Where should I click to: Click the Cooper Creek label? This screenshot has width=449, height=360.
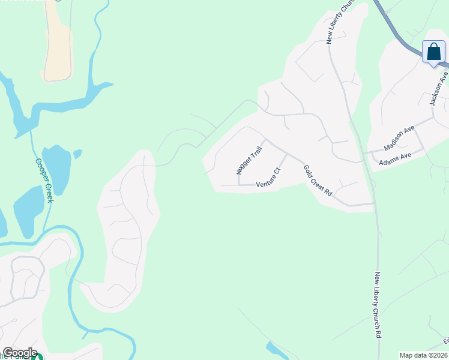coord(44,180)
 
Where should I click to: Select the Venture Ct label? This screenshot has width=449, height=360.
coord(268,179)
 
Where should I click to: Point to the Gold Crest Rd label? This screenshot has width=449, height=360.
coord(318,181)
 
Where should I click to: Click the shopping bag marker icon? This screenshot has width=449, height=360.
coord(433,52)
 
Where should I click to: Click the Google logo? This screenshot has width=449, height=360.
coord(19,353)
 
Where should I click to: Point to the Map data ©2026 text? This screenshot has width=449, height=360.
coord(424,355)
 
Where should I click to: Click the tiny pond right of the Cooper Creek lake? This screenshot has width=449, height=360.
coord(77,154)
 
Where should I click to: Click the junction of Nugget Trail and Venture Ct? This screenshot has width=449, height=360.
coord(240,185)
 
